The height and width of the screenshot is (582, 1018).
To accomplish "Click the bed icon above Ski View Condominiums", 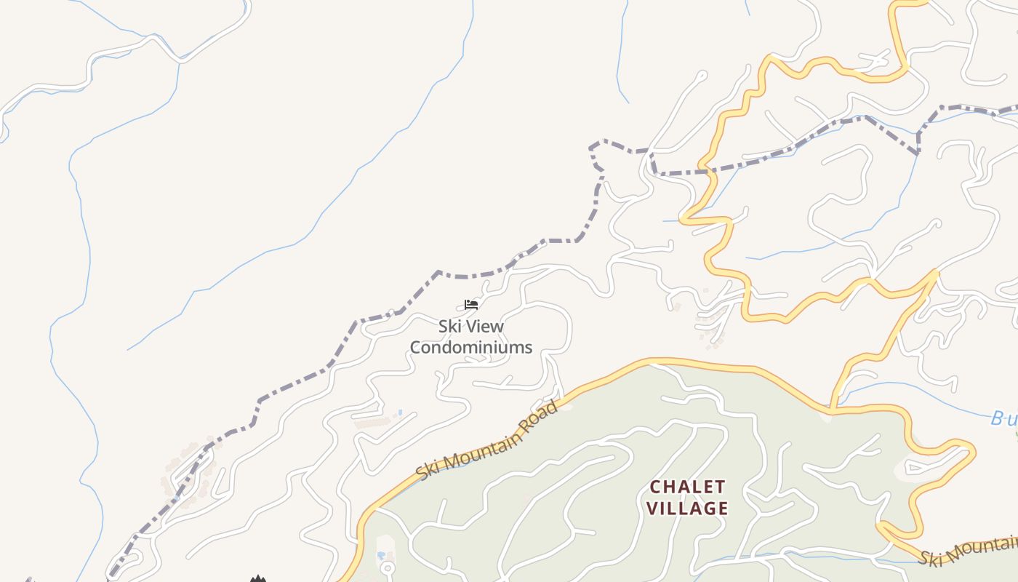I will tap(471, 304).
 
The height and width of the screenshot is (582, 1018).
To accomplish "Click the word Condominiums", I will tap(471, 348).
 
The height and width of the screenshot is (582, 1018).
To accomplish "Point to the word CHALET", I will tap(687, 486).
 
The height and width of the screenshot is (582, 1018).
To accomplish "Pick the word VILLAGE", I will tap(687, 508).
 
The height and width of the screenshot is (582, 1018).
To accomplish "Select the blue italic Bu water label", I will tap(1003, 418).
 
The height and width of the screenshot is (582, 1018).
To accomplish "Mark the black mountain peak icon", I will tap(257, 579).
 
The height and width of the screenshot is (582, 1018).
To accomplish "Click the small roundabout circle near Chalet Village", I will tap(388, 567).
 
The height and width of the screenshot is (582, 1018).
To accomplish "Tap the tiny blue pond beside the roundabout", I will tap(382, 557).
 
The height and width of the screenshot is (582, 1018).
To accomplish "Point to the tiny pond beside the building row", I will tap(398, 413).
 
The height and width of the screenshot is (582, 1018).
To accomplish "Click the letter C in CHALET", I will tap(655, 486).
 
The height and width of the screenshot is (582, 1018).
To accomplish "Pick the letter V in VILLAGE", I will tap(652, 508).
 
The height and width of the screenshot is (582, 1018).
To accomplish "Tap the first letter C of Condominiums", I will tap(416, 348).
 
